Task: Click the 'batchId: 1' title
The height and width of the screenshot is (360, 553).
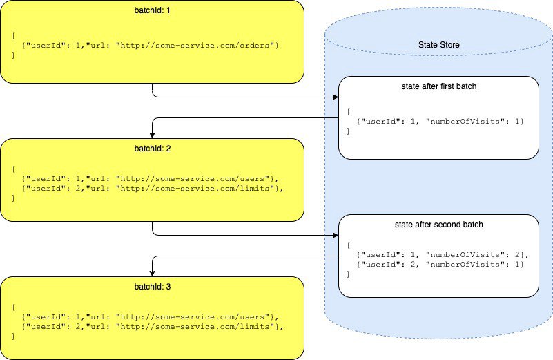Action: pyautogui.click(x=152, y=10)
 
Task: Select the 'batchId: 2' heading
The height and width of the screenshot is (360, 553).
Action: pyautogui.click(x=153, y=149)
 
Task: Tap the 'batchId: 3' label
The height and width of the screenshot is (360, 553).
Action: pyautogui.click(x=153, y=287)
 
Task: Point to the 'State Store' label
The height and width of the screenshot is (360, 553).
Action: pyautogui.click(x=438, y=45)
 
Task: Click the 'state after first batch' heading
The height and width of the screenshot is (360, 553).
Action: pyautogui.click(x=438, y=86)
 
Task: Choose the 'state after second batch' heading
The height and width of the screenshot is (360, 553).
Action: pyautogui.click(x=438, y=225)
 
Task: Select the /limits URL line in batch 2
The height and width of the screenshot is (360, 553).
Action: pyautogui.click(x=153, y=188)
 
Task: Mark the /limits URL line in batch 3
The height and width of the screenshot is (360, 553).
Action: pyautogui.click(x=153, y=326)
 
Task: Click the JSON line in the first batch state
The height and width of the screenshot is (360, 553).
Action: pyautogui.click(x=440, y=122)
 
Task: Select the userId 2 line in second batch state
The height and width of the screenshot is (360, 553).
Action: pyautogui.click(x=440, y=265)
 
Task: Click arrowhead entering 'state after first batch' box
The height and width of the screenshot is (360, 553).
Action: pyautogui.click(x=336, y=97)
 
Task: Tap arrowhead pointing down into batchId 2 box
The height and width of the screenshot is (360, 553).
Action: pyautogui.click(x=153, y=135)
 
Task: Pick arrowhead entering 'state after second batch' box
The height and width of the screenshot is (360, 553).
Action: pyautogui.click(x=336, y=236)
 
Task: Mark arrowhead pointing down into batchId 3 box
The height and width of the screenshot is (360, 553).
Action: pyautogui.click(x=153, y=274)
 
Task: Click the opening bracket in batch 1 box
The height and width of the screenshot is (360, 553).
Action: pyautogui.click(x=14, y=36)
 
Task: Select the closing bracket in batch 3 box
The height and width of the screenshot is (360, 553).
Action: pyautogui.click(x=14, y=336)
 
